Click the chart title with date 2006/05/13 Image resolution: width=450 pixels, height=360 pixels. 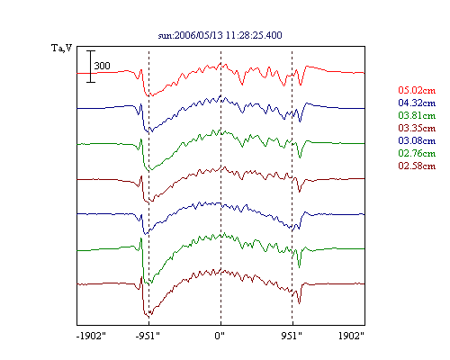pos(220,35)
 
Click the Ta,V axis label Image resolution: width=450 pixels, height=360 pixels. pos(62,48)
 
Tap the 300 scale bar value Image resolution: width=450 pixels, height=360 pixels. pos(103,66)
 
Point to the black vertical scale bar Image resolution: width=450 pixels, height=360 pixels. pos(91,67)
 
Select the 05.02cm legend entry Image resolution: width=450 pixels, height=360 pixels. pos(417,90)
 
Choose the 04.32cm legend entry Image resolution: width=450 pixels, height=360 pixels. pos(417,103)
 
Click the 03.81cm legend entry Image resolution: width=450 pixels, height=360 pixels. pos(417,115)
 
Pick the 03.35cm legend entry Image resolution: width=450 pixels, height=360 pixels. pos(417,128)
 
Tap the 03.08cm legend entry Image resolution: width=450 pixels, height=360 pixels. pos(417,140)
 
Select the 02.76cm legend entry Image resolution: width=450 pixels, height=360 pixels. pos(417,153)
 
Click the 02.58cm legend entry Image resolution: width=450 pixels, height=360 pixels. pos(417,166)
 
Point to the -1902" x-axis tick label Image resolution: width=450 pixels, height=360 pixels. pos(91,336)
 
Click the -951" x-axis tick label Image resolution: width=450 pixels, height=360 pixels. pos(148,336)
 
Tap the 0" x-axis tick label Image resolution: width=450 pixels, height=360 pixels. pos(220,336)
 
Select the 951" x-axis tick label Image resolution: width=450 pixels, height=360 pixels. pos(292,336)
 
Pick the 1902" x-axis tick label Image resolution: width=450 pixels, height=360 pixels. pos(351,336)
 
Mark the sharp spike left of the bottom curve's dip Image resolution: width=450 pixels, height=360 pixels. pos(141,277)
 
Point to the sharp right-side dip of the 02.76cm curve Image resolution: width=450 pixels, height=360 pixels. pos(299,266)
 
